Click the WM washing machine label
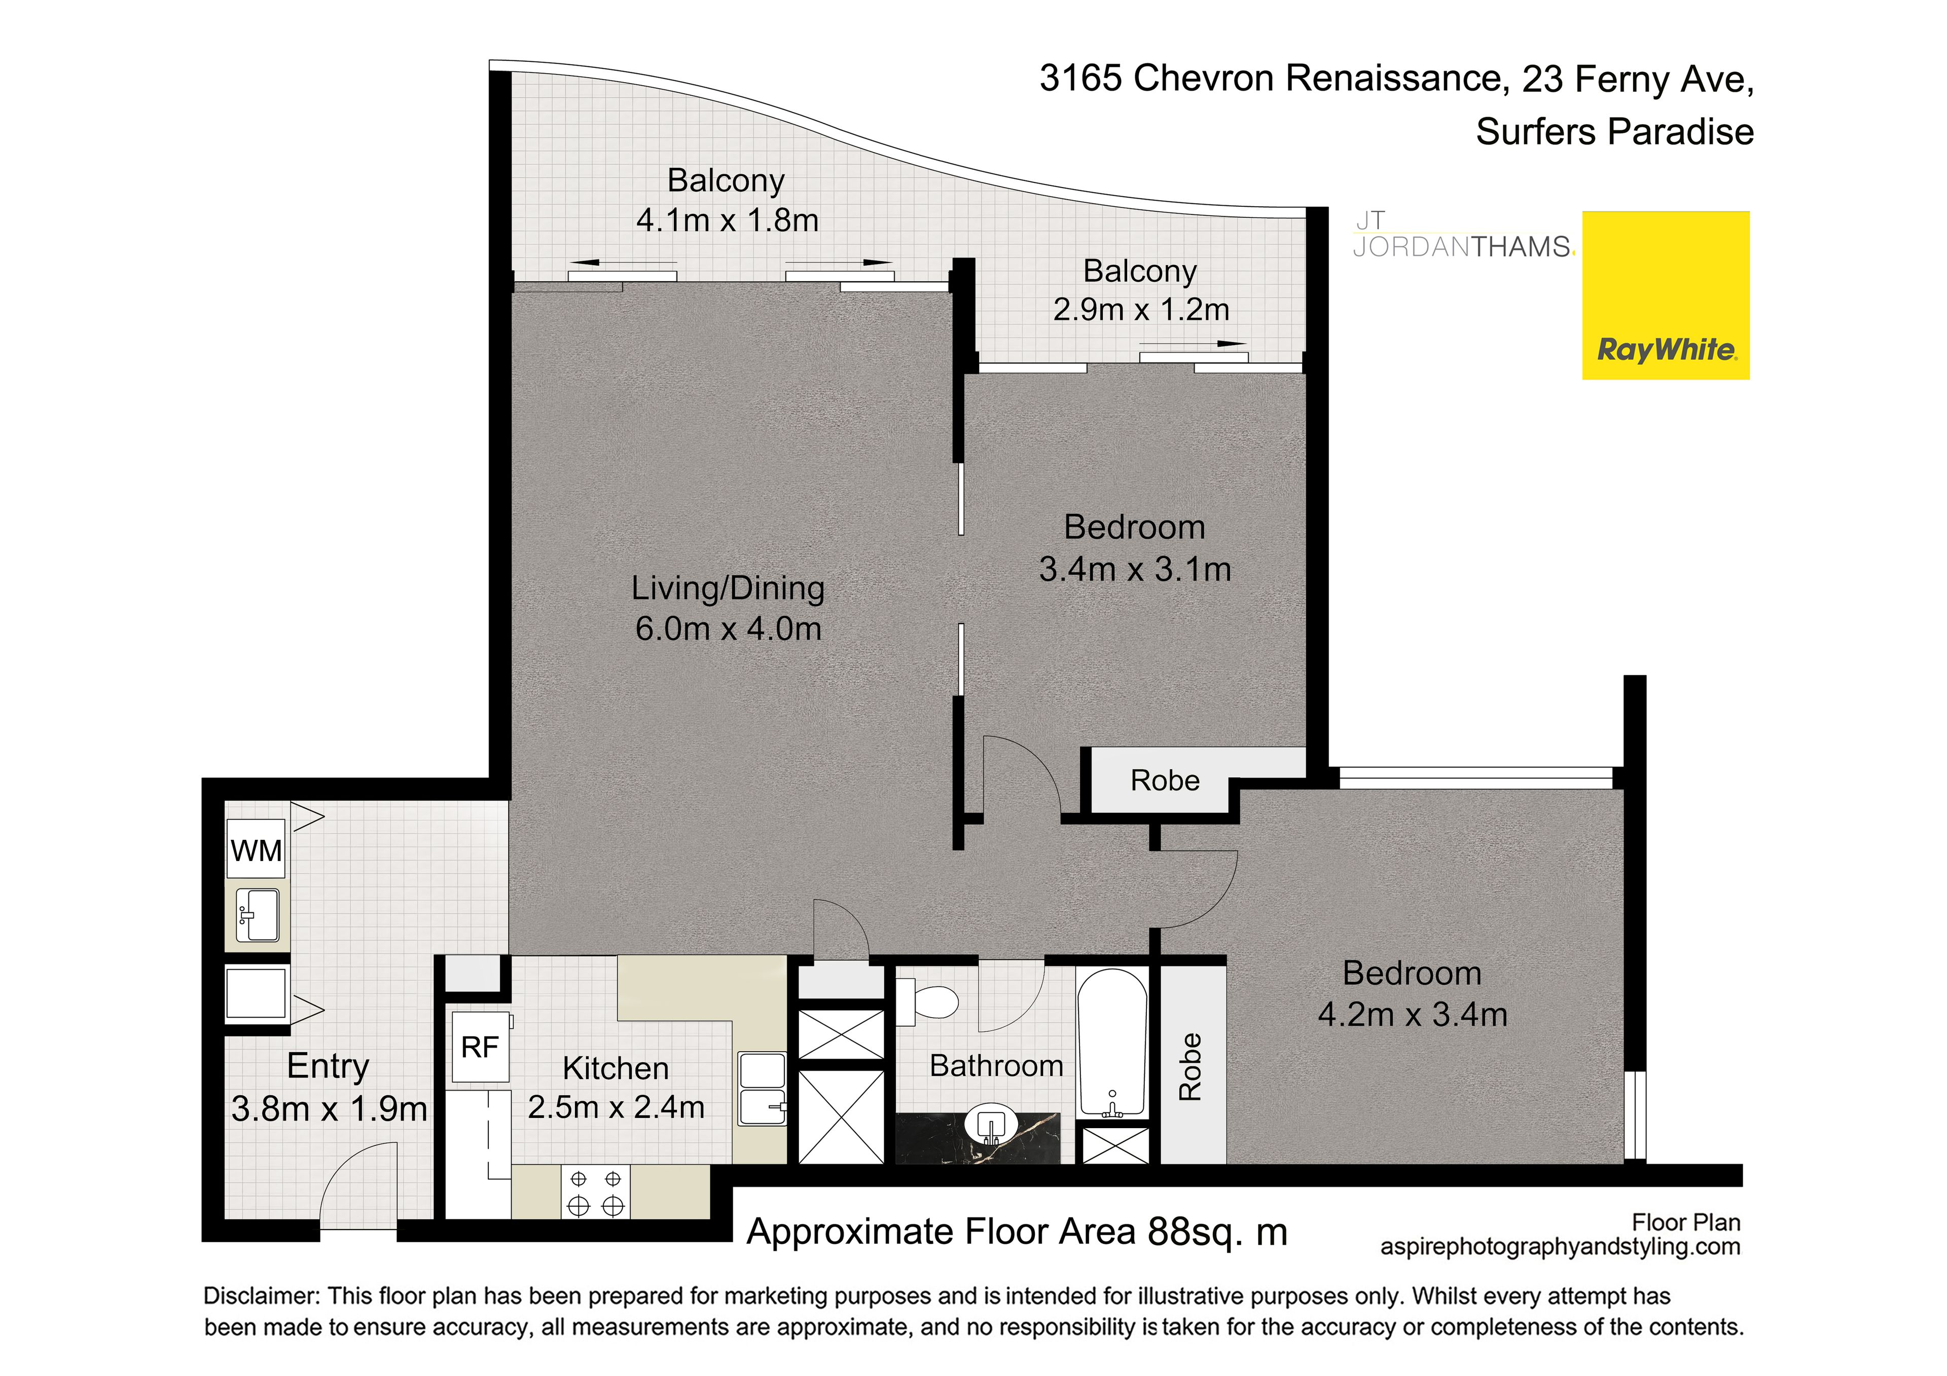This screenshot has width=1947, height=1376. (256, 850)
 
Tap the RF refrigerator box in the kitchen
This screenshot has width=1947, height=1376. (481, 1047)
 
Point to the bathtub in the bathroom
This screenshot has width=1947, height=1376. (1112, 1044)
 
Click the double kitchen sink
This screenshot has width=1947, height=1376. (763, 1090)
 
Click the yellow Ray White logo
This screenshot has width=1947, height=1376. (1666, 295)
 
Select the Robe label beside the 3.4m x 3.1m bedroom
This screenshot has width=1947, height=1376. (1165, 780)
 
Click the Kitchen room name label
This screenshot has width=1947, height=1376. (616, 1068)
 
